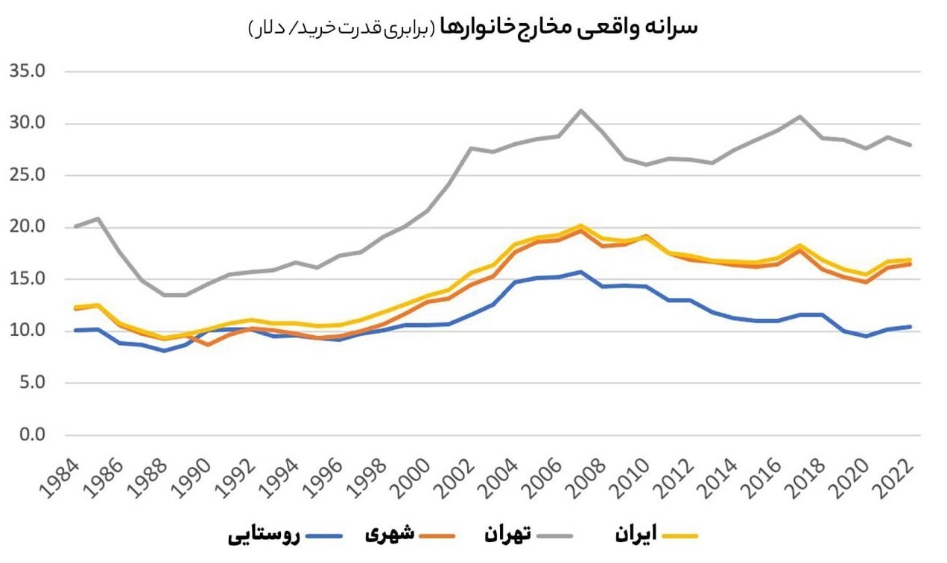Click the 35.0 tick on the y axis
pyautogui.click(x=27, y=71)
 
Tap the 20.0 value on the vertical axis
pyautogui.click(x=27, y=227)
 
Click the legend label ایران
pyautogui.click(x=636, y=534)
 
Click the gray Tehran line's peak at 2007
pyautogui.click(x=580, y=110)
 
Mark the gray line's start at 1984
pyautogui.click(x=76, y=226)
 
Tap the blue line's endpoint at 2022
pyautogui.click(x=910, y=326)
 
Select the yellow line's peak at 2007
pyautogui.click(x=580, y=225)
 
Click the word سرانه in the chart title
pyautogui.click(x=674, y=28)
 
